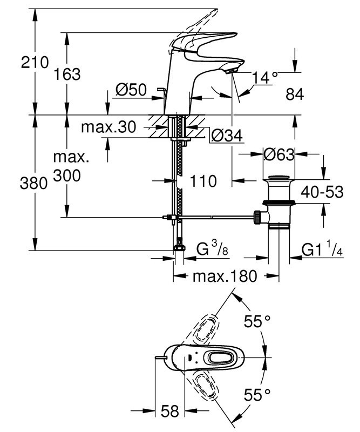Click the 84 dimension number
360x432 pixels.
295,94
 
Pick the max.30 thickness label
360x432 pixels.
108,128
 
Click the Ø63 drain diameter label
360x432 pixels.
279,155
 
